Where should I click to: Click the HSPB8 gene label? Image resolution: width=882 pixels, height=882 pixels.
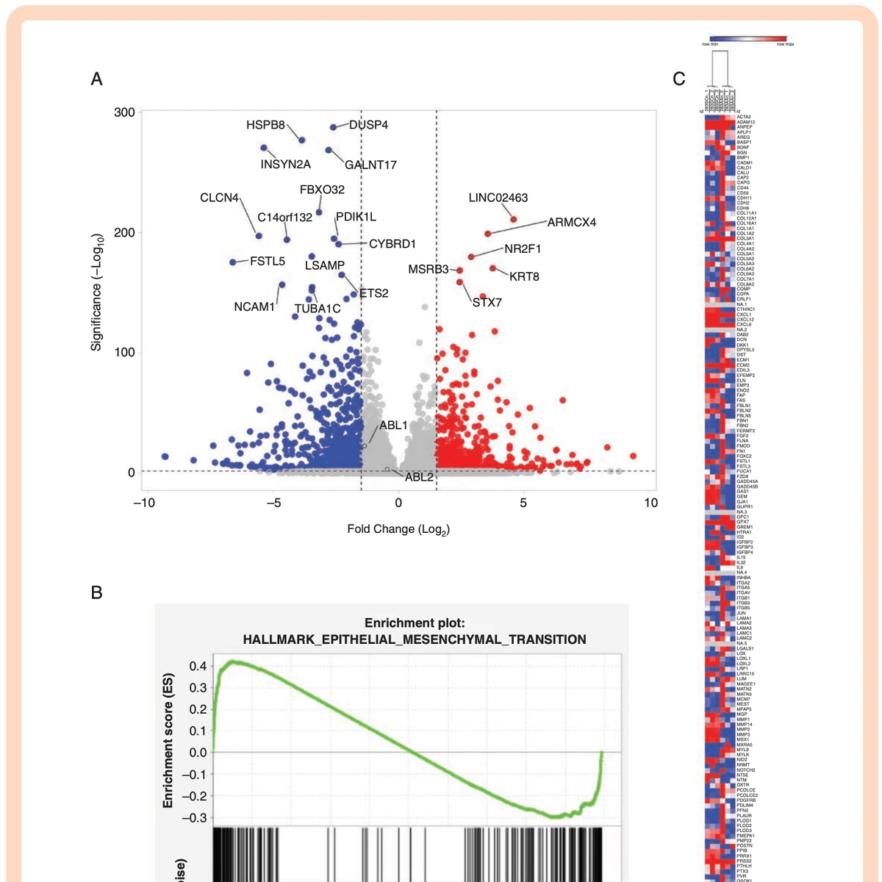coord(265,125)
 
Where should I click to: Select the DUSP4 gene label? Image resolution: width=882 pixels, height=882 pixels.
coord(368,125)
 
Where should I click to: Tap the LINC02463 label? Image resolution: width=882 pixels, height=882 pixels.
coord(498,198)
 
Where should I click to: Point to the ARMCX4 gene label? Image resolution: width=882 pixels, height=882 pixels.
coord(571,222)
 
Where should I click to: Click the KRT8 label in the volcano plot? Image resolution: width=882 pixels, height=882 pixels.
coord(524,276)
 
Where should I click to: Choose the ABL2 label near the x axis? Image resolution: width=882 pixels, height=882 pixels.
coord(419,477)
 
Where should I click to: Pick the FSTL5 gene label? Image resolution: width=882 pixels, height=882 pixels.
coord(268,261)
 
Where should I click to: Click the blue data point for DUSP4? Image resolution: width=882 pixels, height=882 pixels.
coord(333,127)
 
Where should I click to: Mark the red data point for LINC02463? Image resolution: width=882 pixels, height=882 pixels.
coord(514,219)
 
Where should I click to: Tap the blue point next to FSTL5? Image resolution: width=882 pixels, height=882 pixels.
coord(233,262)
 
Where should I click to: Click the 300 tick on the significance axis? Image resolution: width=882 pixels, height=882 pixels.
coord(124,112)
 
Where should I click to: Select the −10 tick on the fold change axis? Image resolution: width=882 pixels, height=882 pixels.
coord(144,503)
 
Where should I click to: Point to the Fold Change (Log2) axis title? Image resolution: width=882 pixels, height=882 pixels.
coord(398,529)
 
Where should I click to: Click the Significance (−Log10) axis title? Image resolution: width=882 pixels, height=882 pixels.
coord(96,292)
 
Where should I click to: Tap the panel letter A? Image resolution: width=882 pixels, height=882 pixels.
coord(96,79)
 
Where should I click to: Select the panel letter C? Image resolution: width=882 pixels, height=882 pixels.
coord(678,79)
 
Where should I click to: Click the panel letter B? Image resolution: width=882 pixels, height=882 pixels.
coord(96,592)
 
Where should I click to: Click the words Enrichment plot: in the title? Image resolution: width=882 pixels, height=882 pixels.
coord(415,623)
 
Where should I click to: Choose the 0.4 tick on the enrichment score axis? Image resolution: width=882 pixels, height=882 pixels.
coord(198,667)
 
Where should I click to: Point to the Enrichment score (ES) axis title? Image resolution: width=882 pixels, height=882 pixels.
coord(168,740)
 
